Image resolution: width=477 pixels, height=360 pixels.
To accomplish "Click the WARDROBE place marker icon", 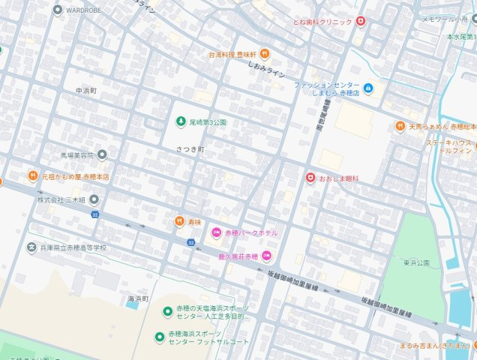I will pos(58,10).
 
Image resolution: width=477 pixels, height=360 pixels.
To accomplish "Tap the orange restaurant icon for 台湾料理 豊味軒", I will pos(265,54).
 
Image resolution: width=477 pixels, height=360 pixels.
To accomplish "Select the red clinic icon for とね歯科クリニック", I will pos(361,22).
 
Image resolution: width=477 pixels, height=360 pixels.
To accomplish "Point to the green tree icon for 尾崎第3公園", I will pos(180,121).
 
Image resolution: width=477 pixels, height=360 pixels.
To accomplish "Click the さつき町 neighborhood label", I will pos(190,149).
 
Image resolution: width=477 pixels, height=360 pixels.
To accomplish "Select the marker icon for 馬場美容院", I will pos(103,155).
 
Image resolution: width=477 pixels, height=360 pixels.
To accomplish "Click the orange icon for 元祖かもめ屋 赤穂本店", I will pos(33,176).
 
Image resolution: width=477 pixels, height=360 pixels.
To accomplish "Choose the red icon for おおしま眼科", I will pos(309,178).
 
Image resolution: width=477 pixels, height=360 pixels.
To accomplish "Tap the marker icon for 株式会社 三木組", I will pos(94,200).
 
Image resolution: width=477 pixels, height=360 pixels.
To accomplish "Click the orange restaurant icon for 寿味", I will pos(179,221).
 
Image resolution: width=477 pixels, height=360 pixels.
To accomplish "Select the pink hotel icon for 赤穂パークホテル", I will pos(217,233).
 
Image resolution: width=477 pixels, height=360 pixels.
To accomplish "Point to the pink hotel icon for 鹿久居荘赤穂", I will pos(266,256).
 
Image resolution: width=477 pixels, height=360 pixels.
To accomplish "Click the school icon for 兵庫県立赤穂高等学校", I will pos(31,247).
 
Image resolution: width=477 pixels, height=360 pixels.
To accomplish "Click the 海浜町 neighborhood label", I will pos(135,298).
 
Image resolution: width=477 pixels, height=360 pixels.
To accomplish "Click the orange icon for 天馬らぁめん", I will pos(400,127).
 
